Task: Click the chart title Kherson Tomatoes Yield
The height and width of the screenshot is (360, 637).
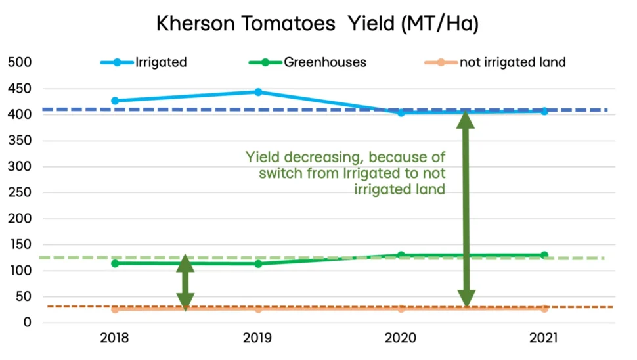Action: (x=317, y=24)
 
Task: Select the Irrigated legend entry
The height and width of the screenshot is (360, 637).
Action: (x=160, y=63)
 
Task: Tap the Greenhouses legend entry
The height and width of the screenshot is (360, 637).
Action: (x=325, y=63)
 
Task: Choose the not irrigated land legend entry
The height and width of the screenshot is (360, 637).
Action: (x=512, y=63)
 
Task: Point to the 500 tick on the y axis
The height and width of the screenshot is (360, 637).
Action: (x=20, y=63)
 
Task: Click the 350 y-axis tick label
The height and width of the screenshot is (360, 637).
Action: (x=20, y=141)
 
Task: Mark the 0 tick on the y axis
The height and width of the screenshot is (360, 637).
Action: (x=28, y=323)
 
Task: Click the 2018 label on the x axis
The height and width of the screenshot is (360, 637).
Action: (x=115, y=339)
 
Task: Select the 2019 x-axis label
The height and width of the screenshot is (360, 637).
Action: (x=258, y=339)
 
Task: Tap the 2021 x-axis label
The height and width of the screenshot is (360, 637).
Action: (x=544, y=339)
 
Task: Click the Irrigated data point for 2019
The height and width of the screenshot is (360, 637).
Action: (x=258, y=92)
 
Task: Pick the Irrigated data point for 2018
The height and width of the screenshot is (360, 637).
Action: (x=115, y=101)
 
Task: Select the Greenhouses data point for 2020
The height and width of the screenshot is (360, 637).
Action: (x=401, y=255)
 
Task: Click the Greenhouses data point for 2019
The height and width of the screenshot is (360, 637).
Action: (x=258, y=263)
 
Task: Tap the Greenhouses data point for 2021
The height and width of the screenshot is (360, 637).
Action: (x=544, y=255)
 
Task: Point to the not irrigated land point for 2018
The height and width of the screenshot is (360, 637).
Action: (x=115, y=309)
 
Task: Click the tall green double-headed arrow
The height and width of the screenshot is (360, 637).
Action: (x=466, y=210)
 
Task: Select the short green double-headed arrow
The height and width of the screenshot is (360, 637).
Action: (x=185, y=282)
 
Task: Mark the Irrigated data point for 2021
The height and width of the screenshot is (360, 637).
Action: (x=544, y=111)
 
